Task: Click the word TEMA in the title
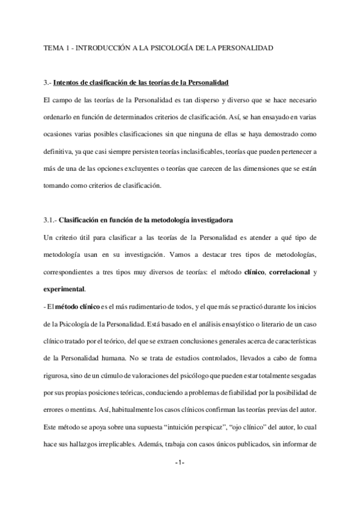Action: [x=53, y=47]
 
